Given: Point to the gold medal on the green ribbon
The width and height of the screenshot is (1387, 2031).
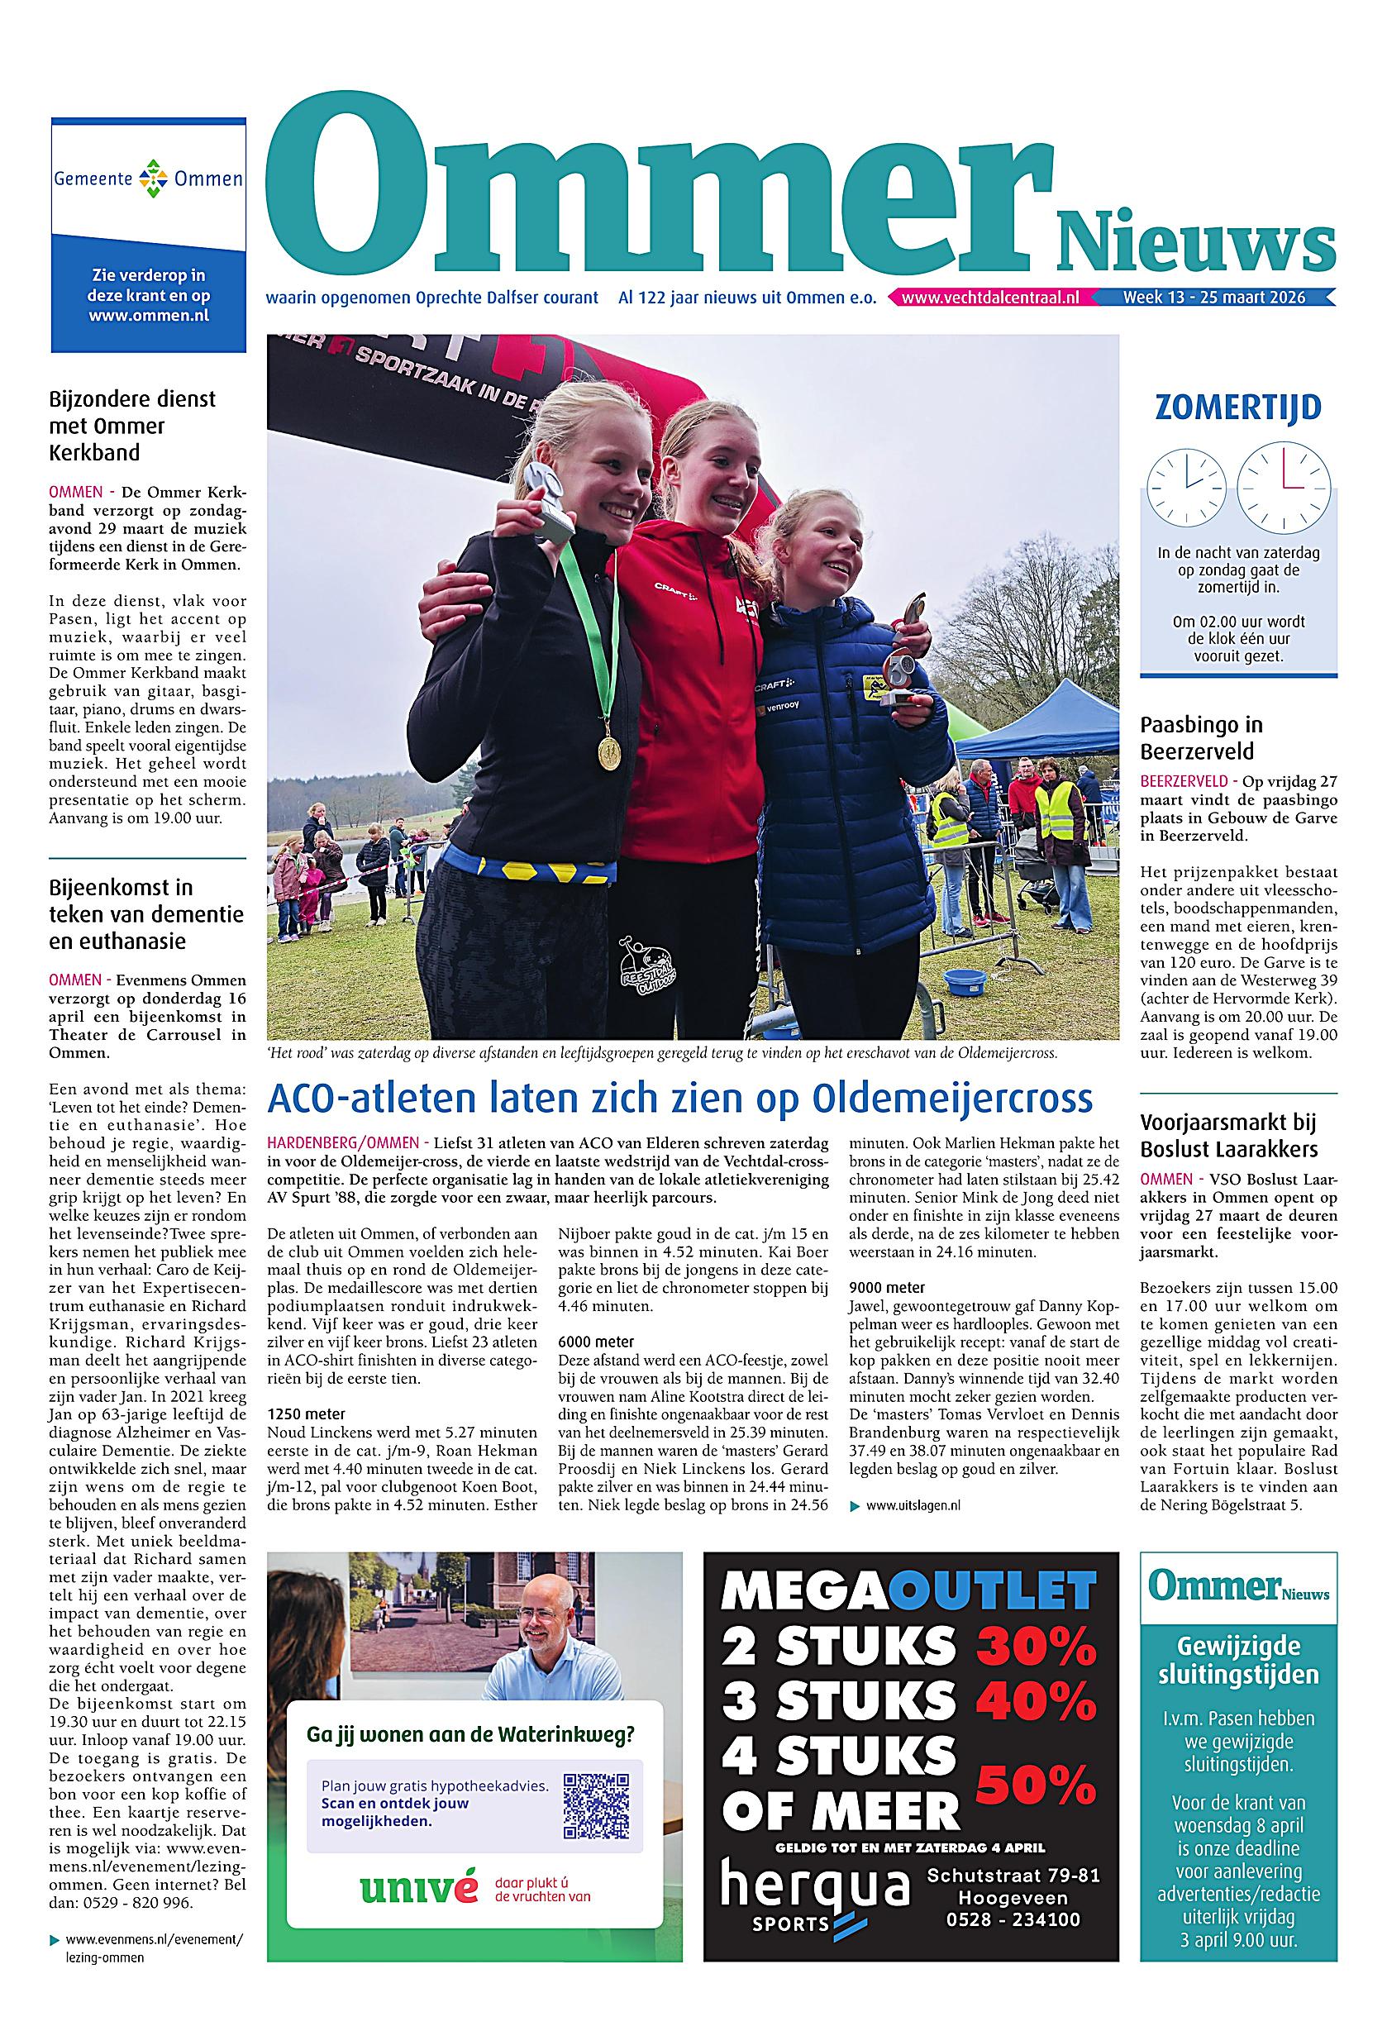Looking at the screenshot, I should click(x=609, y=751).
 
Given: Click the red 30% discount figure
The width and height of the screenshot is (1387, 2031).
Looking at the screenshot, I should click(x=1036, y=1646).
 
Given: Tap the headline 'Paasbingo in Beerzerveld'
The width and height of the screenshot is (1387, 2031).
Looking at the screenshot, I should click(x=1201, y=737).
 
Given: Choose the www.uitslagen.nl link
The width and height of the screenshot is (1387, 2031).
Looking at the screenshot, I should click(x=913, y=1505).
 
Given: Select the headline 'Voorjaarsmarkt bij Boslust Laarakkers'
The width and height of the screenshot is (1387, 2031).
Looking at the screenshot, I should click(x=1228, y=1135).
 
